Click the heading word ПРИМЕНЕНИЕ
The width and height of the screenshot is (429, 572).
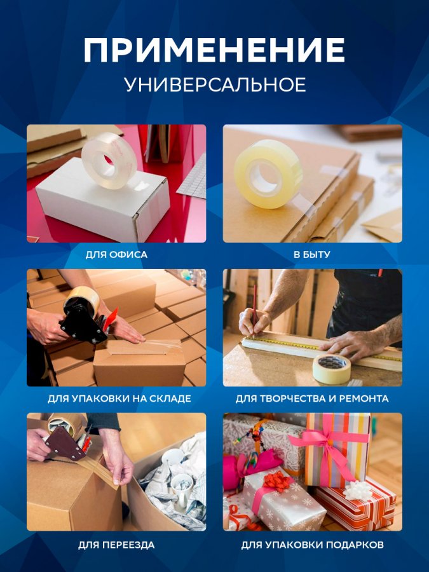214,50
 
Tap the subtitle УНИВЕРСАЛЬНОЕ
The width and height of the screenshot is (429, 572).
215,85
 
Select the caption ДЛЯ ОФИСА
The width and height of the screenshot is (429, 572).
116,255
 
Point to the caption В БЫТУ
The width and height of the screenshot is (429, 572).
312,255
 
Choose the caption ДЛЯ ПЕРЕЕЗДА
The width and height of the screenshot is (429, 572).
116,545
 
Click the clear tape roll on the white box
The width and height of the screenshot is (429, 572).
109,161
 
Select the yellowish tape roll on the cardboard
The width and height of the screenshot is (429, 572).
268,174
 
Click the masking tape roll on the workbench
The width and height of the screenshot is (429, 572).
332,369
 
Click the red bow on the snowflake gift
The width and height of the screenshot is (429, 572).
277,480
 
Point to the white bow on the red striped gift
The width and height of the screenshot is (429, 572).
357,490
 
